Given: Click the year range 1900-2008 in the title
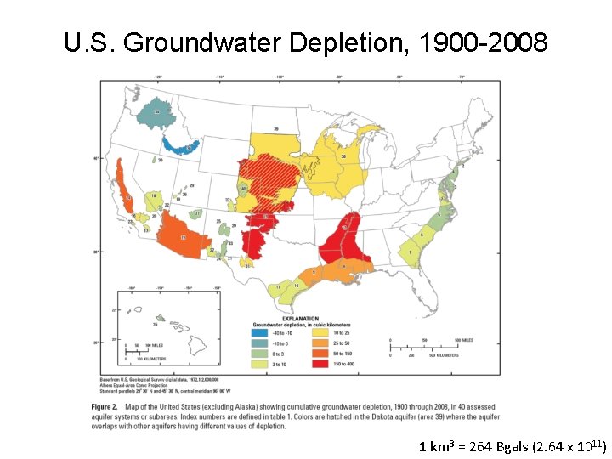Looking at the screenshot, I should tap(488, 42).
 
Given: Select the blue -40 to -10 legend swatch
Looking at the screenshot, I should tap(258, 333).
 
